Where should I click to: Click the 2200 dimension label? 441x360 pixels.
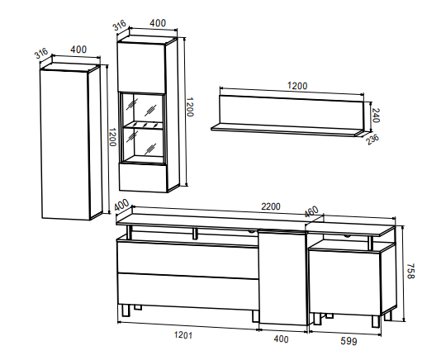[271, 206]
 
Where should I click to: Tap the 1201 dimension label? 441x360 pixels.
[183, 335]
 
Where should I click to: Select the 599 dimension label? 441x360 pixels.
[349, 341]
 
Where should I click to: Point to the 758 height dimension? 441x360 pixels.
[411, 271]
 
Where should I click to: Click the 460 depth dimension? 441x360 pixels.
[311, 211]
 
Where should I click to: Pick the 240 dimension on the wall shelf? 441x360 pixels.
[376, 116]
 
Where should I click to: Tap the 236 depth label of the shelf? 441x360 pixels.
[372, 140]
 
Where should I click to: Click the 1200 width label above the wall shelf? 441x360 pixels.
[297, 86]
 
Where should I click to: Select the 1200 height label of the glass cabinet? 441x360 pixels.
[190, 107]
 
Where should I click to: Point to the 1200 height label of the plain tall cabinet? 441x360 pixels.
[112, 137]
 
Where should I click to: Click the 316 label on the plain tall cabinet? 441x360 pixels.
[41, 54]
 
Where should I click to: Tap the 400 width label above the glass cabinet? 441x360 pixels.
[158, 23]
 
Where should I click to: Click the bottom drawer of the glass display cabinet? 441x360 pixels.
[144, 178]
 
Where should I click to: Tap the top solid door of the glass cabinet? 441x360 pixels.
[141, 68]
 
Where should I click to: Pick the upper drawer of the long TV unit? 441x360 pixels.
[187, 260]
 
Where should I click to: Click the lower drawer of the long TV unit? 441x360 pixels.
[187, 291]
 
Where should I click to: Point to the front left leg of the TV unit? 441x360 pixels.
[125, 310]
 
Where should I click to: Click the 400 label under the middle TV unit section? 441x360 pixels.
[281, 339]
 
